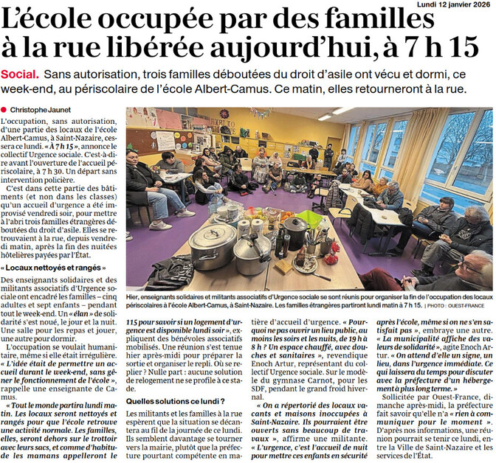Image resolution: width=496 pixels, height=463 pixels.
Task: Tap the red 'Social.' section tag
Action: [21, 76]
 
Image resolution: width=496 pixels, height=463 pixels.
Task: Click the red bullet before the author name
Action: [4, 111]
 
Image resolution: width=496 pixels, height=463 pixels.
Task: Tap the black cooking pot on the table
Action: [294, 231]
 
